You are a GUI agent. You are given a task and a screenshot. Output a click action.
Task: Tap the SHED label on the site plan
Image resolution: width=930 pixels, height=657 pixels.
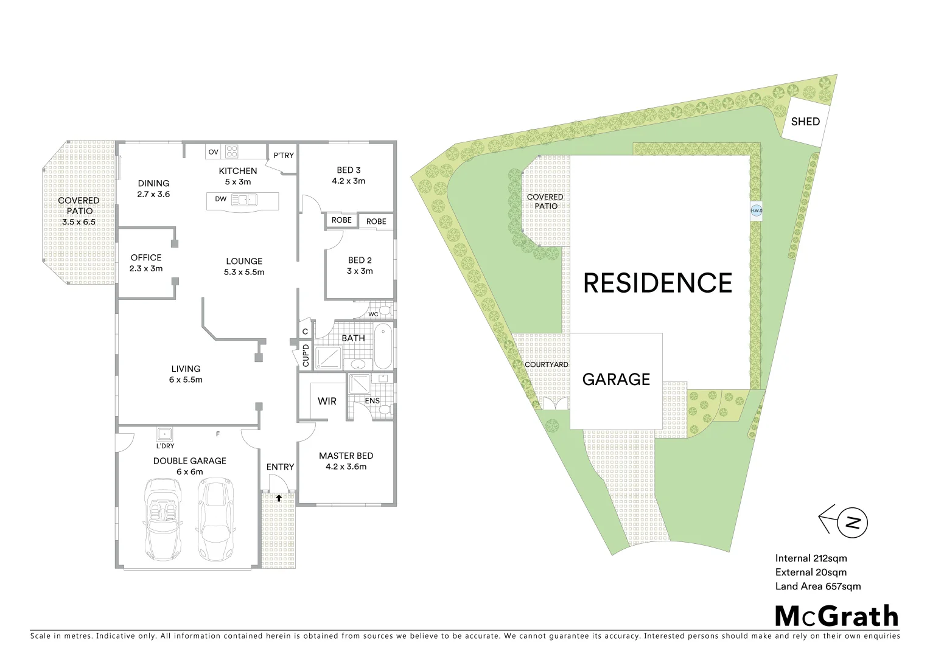pyautogui.click(x=805, y=122)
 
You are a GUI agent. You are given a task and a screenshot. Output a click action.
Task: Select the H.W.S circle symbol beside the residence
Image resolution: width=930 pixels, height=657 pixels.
pyautogui.click(x=757, y=210)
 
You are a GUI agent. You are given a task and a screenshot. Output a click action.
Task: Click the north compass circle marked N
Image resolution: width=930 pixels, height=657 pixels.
pyautogui.click(x=853, y=523)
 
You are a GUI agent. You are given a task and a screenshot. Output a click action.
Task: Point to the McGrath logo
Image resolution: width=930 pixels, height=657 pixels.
pyautogui.click(x=836, y=616)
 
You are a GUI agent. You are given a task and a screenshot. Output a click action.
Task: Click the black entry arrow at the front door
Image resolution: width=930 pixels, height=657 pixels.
pyautogui.click(x=279, y=498)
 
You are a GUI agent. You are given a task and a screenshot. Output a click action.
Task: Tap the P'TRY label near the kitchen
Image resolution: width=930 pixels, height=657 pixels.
pyautogui.click(x=284, y=156)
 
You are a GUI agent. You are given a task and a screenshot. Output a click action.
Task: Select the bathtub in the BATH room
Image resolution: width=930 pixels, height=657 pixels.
pyautogui.click(x=383, y=347)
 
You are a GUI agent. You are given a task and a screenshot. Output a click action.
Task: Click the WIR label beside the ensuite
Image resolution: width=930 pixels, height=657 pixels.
pyautogui.click(x=327, y=401)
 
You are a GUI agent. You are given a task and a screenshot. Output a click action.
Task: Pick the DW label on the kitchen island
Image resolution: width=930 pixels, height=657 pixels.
pyautogui.click(x=220, y=199)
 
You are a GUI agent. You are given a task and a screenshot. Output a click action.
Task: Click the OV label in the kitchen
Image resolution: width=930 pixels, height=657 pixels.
pyautogui.click(x=213, y=151)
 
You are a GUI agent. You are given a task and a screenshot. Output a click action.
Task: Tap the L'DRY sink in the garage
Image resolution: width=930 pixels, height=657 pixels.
pyautogui.click(x=164, y=434)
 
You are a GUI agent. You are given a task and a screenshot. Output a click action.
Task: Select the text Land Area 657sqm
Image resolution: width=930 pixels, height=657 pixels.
pyautogui.click(x=817, y=586)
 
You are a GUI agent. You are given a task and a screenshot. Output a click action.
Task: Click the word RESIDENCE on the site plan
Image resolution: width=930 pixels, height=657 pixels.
pyautogui.click(x=657, y=283)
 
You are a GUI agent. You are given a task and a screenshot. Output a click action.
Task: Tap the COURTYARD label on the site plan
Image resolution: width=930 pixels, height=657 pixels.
pyautogui.click(x=547, y=365)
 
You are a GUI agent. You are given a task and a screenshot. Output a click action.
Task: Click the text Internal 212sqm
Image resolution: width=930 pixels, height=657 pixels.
pyautogui.click(x=811, y=558)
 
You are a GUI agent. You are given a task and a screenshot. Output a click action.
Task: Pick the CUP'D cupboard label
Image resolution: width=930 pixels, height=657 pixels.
pyautogui.click(x=306, y=356)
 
